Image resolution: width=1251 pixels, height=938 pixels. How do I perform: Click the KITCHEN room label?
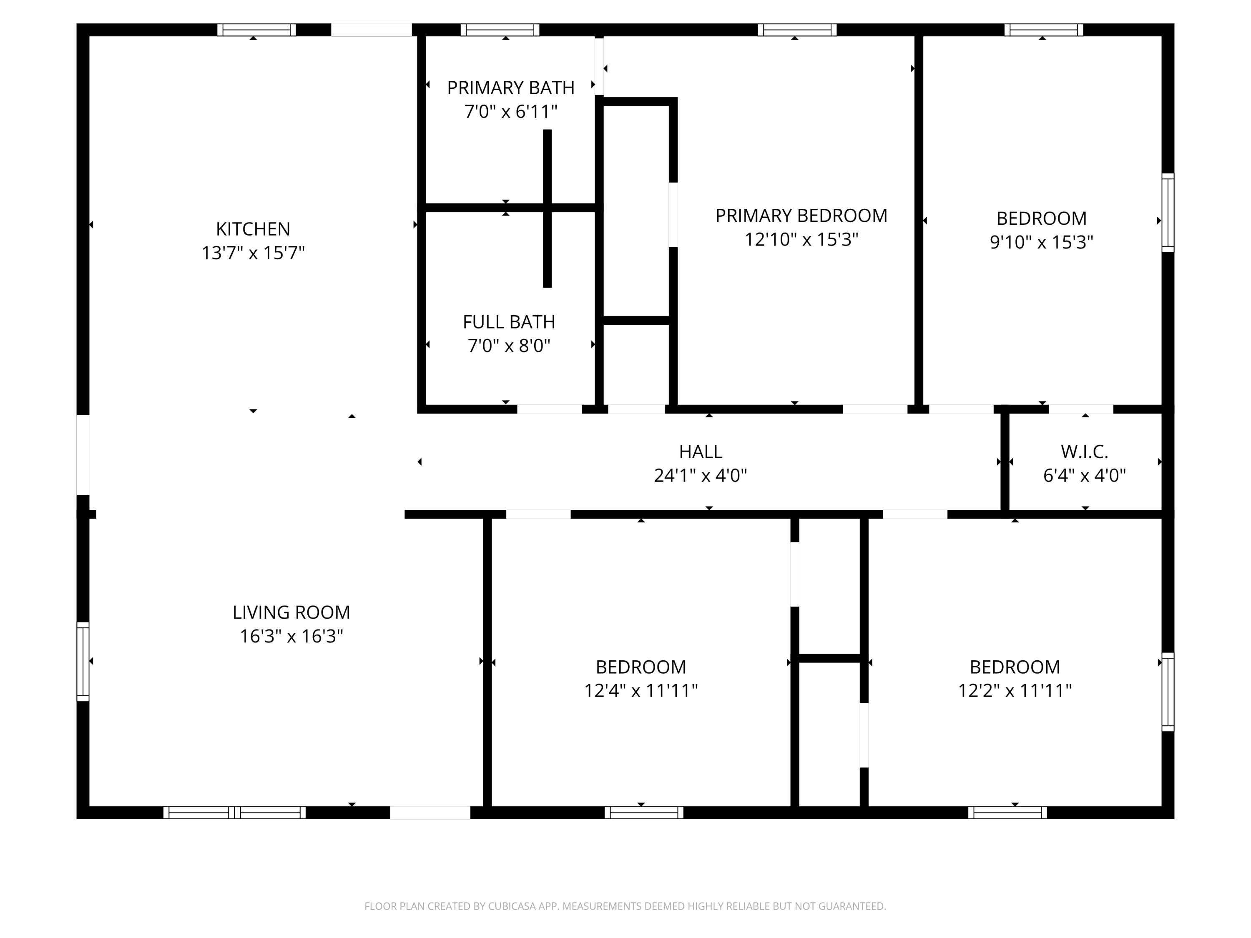click(253, 229)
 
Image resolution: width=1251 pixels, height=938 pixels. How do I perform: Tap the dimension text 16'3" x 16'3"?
click(291, 636)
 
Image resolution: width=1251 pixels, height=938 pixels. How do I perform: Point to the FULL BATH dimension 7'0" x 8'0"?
click(509, 346)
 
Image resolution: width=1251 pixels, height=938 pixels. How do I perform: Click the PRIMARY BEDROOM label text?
click(801, 216)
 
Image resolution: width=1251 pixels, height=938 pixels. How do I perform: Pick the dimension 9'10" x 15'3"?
click(1041, 242)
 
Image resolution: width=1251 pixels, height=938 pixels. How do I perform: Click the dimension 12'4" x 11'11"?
click(641, 690)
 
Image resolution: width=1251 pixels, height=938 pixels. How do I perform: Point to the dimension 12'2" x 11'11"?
click(1015, 690)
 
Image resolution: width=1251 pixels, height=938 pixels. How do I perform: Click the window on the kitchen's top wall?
click(256, 30)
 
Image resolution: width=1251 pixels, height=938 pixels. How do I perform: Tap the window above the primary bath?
click(500, 30)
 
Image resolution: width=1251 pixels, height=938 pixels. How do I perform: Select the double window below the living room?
click(234, 813)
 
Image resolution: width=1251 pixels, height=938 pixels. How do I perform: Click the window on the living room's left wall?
click(83, 662)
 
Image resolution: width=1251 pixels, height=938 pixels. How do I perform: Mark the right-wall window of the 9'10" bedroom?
click(1168, 213)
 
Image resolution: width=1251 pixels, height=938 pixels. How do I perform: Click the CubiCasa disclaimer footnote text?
click(625, 906)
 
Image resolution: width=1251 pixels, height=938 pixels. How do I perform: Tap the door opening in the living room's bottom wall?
click(430, 813)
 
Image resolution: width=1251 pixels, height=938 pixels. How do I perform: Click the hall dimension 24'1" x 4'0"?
click(700, 476)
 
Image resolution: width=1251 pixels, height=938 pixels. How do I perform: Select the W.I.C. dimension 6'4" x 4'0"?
click(1084, 476)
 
